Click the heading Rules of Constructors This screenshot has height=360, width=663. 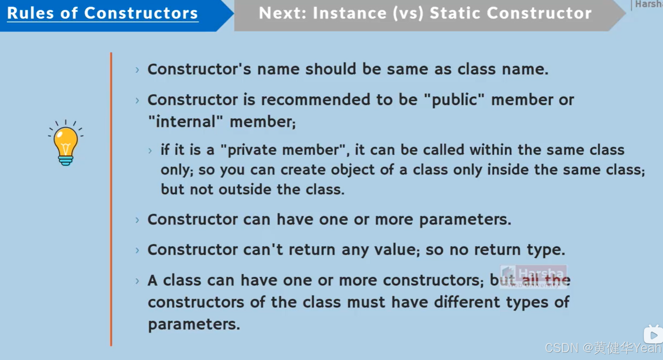pyautogui.click(x=103, y=14)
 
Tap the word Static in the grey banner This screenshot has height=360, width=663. pyautogui.click(x=455, y=14)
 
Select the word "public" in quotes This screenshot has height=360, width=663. pyautogui.click(x=454, y=100)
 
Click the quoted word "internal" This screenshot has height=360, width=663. pyautogui.click(x=185, y=122)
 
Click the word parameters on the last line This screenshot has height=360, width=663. pyautogui.click(x=193, y=325)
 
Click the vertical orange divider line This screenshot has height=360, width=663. pyautogui.click(x=111, y=199)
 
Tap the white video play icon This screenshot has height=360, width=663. pyautogui.click(x=653, y=335)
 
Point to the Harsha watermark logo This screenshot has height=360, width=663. pyautogui.click(x=533, y=276)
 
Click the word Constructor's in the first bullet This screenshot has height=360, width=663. pyautogui.click(x=199, y=69)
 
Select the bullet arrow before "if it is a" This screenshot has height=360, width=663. pyautogui.click(x=150, y=150)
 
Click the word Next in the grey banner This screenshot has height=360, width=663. pyautogui.click(x=282, y=14)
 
